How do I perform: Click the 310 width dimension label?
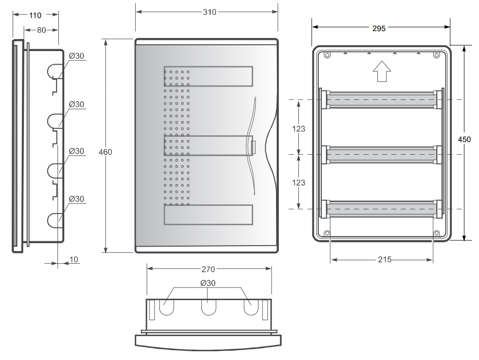(209, 12)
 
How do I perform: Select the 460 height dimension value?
(106, 152)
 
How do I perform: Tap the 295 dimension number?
(379, 28)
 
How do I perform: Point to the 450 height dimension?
(464, 140)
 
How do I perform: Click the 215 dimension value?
(385, 260)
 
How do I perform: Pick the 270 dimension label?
(208, 270)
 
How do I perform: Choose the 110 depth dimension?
(35, 15)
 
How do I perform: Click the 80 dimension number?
(41, 30)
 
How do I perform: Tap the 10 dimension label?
(74, 260)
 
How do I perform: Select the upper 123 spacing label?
(298, 129)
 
